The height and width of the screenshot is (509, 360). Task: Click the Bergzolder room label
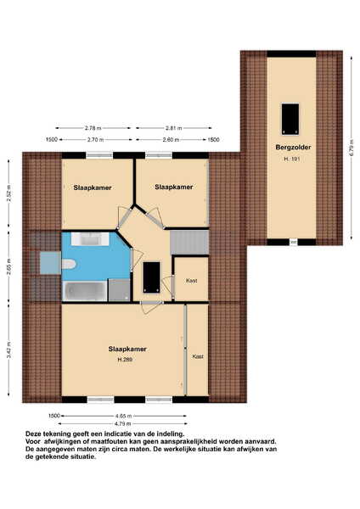tap(293, 147)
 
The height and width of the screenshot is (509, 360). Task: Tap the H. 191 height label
tap(291, 159)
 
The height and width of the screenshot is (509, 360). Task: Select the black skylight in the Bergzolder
tap(290, 119)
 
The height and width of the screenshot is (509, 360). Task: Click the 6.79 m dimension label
tap(352, 148)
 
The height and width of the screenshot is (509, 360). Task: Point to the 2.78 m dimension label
tap(93, 128)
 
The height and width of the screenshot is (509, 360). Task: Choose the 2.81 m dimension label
tap(173, 128)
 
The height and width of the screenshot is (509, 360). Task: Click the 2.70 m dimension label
tap(96, 140)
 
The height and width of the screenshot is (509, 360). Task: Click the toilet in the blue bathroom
tap(68, 264)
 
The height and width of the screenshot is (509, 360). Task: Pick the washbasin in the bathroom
tap(91, 239)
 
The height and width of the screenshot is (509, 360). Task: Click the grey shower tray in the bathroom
tap(119, 290)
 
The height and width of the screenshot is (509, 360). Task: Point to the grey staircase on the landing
tap(189, 242)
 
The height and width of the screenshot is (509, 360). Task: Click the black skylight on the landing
tap(152, 277)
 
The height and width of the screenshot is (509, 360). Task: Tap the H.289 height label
tap(125, 360)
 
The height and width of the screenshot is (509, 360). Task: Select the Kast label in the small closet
tap(192, 281)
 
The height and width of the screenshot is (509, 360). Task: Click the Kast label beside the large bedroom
tap(198, 356)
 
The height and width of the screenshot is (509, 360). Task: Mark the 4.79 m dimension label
tap(122, 423)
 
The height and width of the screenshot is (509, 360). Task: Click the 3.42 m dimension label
tap(9, 350)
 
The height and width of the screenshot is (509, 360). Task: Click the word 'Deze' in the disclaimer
tap(33, 433)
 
